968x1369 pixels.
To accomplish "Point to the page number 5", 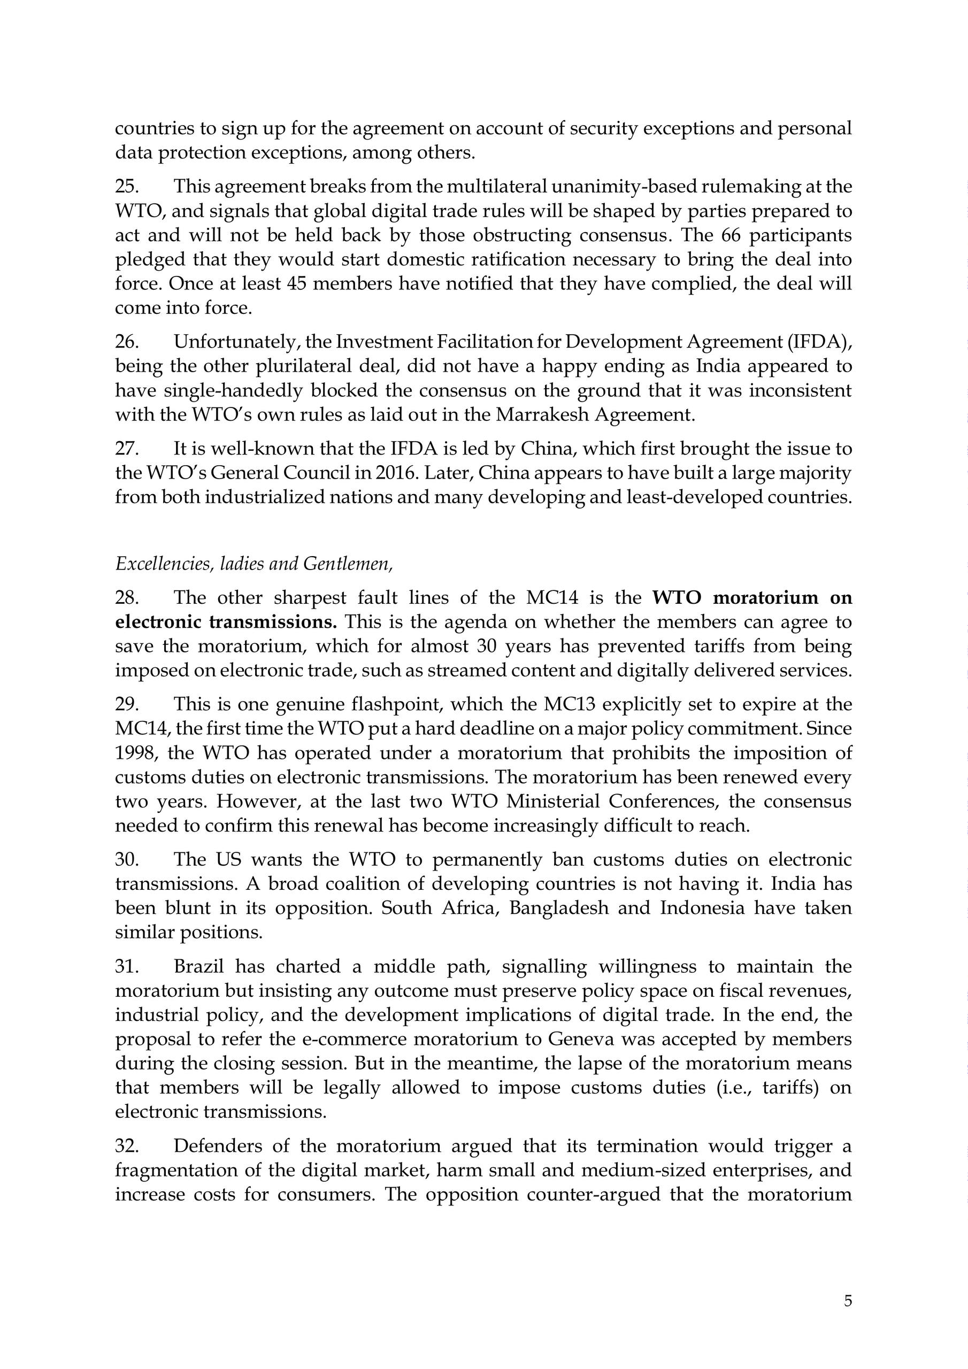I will (848, 1301).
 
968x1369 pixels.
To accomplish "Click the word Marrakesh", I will (542, 414).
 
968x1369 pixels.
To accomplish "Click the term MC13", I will (569, 705).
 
